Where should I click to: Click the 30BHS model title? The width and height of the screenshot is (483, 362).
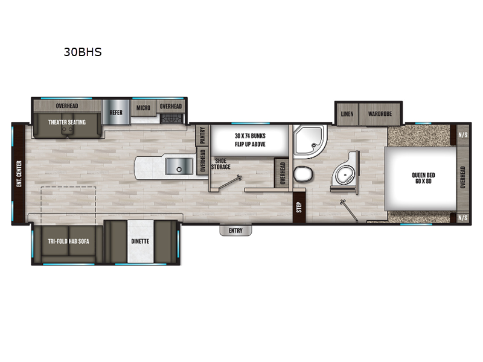coord(83,52)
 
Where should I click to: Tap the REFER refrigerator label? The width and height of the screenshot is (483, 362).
coord(116,112)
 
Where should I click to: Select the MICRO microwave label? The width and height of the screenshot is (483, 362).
coord(143,108)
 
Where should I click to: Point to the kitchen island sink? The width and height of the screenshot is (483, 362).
coord(179,167)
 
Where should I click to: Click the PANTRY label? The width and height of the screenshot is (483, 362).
coord(202,136)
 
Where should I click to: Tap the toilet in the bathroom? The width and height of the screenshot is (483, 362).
coord(303,174)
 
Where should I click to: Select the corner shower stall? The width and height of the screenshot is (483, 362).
coord(309,140)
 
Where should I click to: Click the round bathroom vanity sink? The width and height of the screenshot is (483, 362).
coord(345,176)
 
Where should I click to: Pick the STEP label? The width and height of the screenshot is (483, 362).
coord(299,208)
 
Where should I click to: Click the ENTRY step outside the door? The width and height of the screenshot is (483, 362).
coord(235,230)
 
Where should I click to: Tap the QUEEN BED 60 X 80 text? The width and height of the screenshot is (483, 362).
coord(423,178)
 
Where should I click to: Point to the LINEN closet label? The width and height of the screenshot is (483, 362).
coord(347,114)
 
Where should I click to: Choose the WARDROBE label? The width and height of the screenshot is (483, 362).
coord(380,113)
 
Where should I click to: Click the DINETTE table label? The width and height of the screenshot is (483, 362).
coord(140,241)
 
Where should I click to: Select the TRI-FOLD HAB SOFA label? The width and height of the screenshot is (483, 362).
coord(68,241)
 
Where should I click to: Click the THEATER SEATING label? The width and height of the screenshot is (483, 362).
coord(67,122)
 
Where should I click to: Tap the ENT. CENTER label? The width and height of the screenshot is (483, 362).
coord(19,174)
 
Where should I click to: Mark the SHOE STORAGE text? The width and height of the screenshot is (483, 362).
coord(221,164)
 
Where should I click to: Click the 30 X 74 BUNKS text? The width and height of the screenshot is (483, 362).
coord(250,136)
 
